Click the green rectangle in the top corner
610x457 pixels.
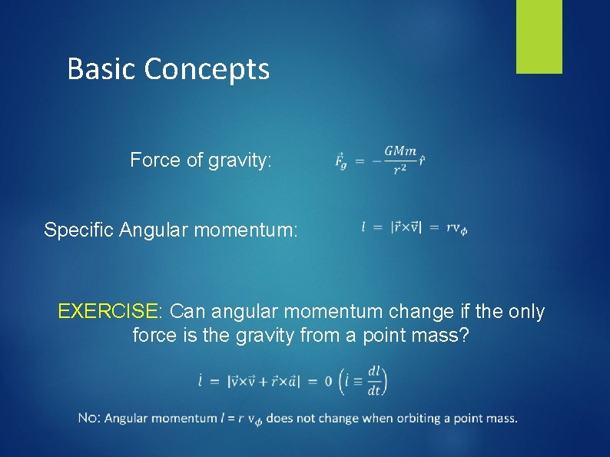pos(539,36)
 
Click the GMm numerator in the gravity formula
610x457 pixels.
pos(400,151)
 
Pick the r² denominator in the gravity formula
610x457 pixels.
pos(399,170)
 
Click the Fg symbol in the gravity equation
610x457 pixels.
pos(341,161)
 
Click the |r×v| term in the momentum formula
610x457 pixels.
pos(406,227)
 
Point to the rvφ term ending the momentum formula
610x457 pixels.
pos(456,228)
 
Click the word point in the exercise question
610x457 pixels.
pos(366,336)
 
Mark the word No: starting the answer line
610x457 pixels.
pos(89,419)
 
